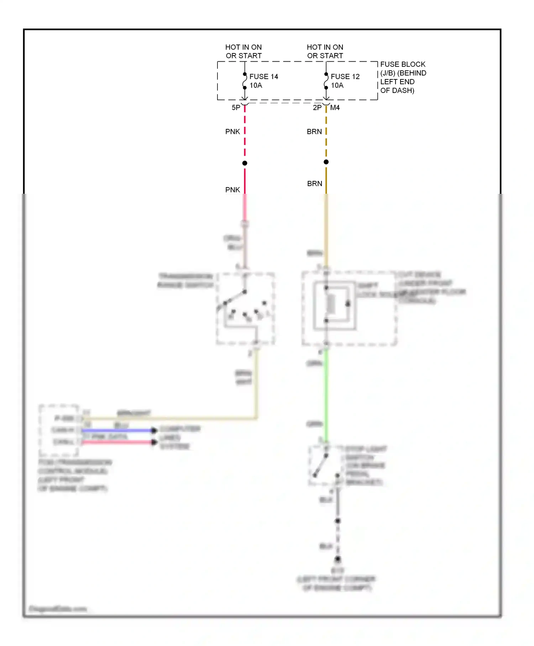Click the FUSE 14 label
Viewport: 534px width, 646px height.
click(x=263, y=77)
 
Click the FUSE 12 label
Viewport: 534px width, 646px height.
click(x=345, y=77)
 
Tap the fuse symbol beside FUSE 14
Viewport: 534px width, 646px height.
click(x=245, y=81)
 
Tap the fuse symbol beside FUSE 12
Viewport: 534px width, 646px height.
click(x=326, y=81)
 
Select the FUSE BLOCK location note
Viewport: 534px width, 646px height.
click(x=403, y=77)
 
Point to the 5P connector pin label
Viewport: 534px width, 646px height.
click(x=236, y=108)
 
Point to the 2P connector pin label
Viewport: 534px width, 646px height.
click(x=317, y=108)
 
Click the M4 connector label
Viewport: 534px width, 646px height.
click(x=335, y=108)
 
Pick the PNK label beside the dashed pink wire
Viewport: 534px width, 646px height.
click(x=232, y=132)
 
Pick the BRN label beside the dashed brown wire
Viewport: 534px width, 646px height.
click(x=314, y=132)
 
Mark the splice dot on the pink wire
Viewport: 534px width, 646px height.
click(x=245, y=163)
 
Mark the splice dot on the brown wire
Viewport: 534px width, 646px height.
click(x=326, y=162)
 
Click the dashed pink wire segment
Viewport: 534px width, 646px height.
click(x=245, y=142)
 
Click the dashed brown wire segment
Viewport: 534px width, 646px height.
click(x=326, y=142)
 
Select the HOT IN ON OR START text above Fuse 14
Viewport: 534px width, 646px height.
click(x=244, y=52)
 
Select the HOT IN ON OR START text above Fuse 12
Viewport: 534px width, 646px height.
click(x=325, y=52)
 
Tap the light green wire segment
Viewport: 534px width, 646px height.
click(x=326, y=392)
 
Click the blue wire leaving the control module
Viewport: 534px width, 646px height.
click(x=117, y=431)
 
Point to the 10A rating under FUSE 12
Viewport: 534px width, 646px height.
click(x=337, y=85)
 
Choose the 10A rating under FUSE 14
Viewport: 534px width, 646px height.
click(x=256, y=85)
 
